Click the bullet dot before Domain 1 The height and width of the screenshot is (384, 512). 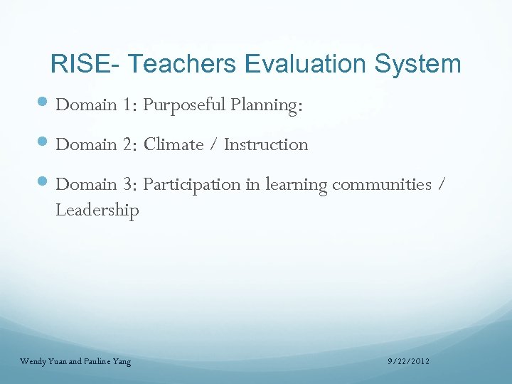pyautogui.click(x=44, y=105)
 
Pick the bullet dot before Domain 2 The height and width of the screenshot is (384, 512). pyautogui.click(x=44, y=144)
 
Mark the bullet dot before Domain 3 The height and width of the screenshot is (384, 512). pyautogui.click(x=44, y=184)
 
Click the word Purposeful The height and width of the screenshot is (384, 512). pyautogui.click(x=183, y=105)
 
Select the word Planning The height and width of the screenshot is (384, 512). pyautogui.click(x=267, y=105)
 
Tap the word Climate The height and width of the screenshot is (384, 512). pyautogui.click(x=174, y=144)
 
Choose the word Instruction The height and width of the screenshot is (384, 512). pyautogui.click(x=266, y=144)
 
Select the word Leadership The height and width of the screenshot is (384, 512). pyautogui.click(x=97, y=210)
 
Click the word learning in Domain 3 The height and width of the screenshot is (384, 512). pyautogui.click(x=296, y=185)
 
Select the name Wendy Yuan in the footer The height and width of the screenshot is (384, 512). pyautogui.click(x=42, y=362)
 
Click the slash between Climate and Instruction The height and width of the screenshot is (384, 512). pyautogui.click(x=214, y=145)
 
